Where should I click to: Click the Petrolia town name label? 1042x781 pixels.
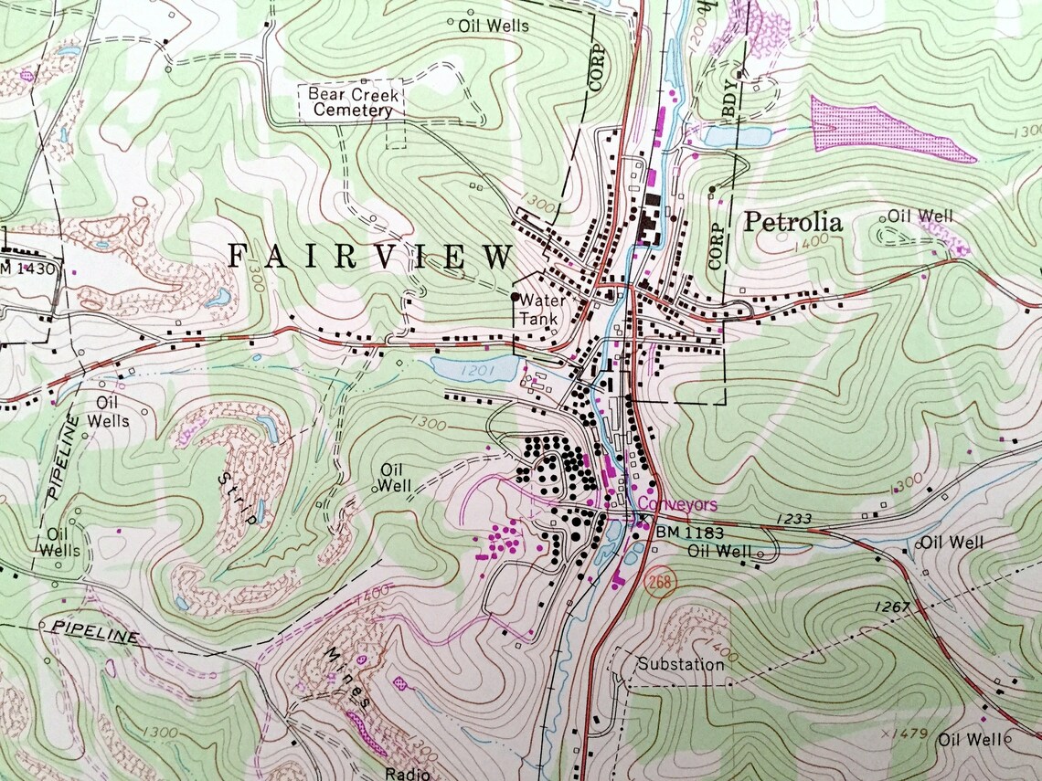point(792,222)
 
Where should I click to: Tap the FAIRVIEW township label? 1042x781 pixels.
point(370,257)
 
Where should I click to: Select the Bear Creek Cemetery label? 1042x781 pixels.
point(350,102)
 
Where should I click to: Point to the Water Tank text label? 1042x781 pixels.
point(538,310)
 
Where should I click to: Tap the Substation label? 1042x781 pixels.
point(681,664)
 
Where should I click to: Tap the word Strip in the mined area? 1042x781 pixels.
point(238,498)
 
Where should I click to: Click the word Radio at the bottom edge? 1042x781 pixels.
point(407,774)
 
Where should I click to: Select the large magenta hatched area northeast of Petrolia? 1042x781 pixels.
point(882,128)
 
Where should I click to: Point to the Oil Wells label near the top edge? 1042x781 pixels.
point(494,26)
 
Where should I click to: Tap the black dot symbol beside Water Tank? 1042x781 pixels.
point(515,297)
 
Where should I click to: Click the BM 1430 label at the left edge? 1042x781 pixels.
point(27,269)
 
